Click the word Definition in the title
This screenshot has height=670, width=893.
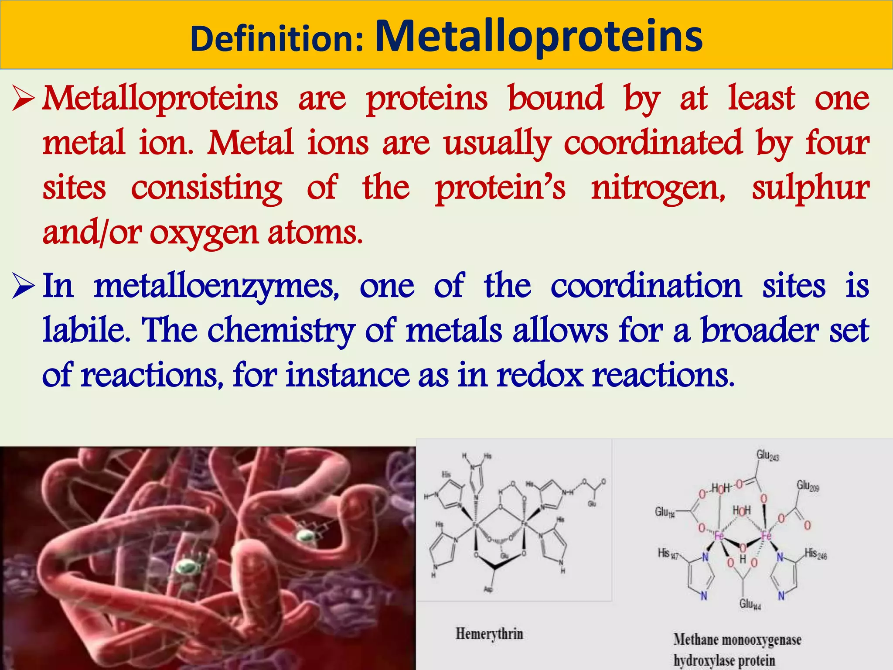pos(276,39)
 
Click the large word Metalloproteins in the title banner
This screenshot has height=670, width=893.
pos(539,37)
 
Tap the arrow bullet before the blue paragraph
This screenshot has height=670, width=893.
pos(23,287)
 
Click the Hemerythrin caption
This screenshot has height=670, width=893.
pos(489,633)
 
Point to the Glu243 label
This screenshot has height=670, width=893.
pos(767,455)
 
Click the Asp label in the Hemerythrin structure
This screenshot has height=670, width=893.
pos(488,590)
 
